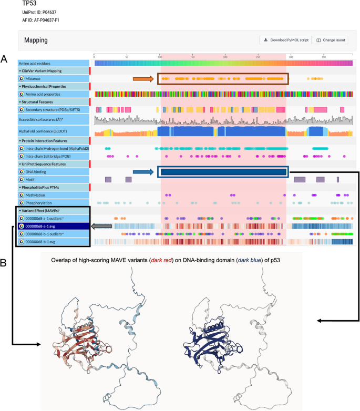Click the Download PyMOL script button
[285, 40]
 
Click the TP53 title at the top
[30, 4]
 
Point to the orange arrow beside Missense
[142, 79]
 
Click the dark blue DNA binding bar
[224, 172]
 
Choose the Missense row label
[34, 79]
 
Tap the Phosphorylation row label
[40, 203]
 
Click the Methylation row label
[36, 195]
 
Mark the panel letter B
[4, 261]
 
